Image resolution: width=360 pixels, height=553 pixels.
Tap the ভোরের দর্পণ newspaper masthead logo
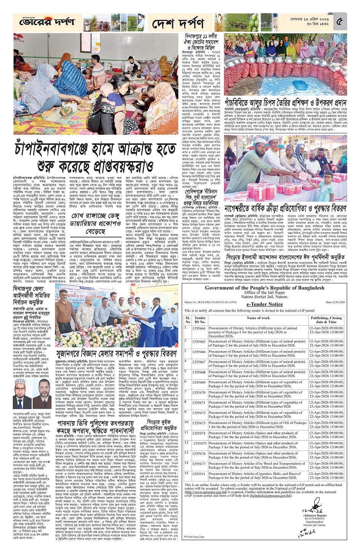pyautogui.click(x=47, y=22)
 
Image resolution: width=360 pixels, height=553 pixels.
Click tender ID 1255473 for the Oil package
pyautogui.click(x=199, y=423)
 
